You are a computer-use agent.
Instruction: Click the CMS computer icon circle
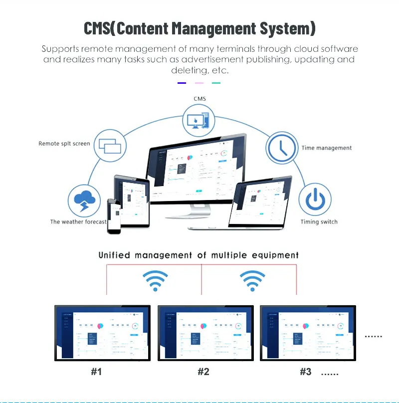pyautogui.click(x=199, y=121)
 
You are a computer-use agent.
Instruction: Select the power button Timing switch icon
pyautogui.click(x=315, y=200)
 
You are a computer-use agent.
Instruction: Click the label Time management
pyautogui.click(x=327, y=148)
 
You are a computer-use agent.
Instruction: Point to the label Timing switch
pyautogui.click(x=319, y=222)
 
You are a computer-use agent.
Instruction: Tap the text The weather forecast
pyautogui.click(x=78, y=222)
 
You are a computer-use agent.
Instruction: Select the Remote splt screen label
pyautogui.click(x=64, y=144)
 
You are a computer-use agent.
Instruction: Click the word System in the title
pyautogui.click(x=285, y=28)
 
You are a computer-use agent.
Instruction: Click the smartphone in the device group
pyautogui.click(x=114, y=216)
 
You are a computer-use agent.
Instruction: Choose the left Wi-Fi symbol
pyautogui.click(x=155, y=281)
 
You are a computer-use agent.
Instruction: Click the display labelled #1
pyautogui.click(x=102, y=333)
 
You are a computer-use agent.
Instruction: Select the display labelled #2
pyautogui.click(x=205, y=333)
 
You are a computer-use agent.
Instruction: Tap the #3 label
pyautogui.click(x=305, y=372)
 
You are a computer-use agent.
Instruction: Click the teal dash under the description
pyautogui.click(x=216, y=83)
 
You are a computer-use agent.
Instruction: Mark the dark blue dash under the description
pyautogui.click(x=182, y=83)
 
